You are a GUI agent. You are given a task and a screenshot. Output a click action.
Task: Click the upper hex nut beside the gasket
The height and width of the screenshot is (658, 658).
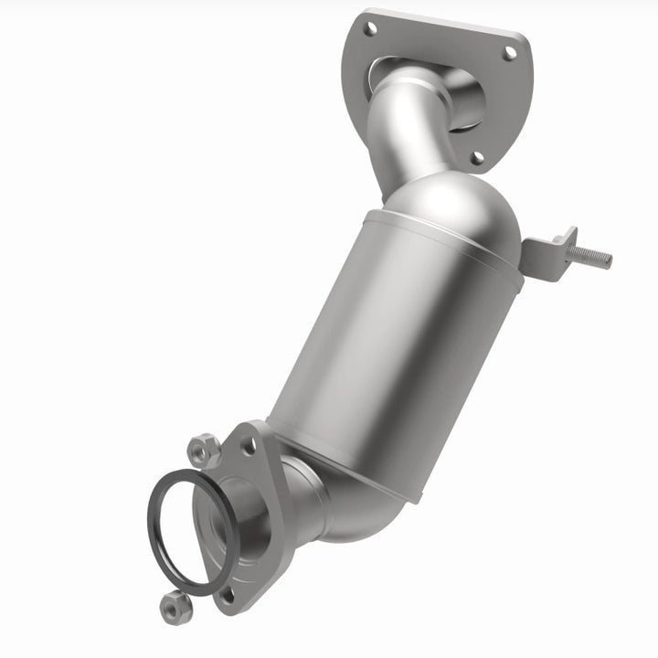pyautogui.click(x=202, y=450)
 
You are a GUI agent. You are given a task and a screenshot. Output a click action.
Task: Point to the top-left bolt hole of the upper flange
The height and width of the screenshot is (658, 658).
pyautogui.click(x=370, y=29)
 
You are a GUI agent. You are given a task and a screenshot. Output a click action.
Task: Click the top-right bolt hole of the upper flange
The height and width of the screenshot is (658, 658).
pyautogui.click(x=509, y=53)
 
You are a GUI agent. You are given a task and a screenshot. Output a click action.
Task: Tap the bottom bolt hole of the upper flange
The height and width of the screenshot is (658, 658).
pyautogui.click(x=476, y=157)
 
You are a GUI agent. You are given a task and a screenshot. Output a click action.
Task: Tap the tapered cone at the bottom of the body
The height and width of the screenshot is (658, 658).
pyautogui.click(x=366, y=466)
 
